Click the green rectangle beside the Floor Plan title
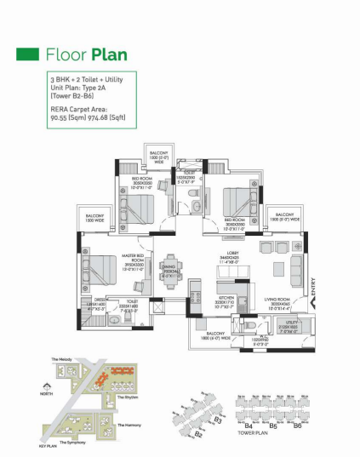click(x=28, y=55)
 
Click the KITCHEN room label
click(x=202, y=303)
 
